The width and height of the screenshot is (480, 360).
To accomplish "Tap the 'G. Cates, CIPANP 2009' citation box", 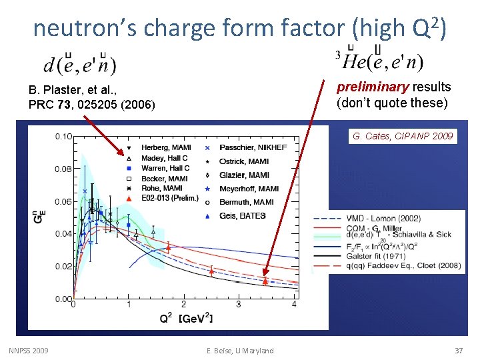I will tap(403, 136).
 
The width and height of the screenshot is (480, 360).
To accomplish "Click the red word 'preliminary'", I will tap(373, 87).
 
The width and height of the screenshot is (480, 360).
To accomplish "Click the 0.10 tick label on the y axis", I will tap(63, 137).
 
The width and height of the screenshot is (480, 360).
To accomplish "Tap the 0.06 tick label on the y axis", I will tap(63, 201).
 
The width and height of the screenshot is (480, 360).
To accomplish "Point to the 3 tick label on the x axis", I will tap(239, 305).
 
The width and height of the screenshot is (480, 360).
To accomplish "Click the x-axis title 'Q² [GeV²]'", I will tap(186, 319).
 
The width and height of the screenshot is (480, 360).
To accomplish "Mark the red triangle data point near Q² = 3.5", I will tap(265, 282).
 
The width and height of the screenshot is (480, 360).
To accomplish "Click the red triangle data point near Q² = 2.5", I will tap(211, 271).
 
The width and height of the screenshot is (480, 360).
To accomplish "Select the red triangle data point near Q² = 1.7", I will tap(168, 248).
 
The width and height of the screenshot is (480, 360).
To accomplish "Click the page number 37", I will tap(458, 351).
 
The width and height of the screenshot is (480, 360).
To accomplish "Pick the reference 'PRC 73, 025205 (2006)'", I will tap(92, 105).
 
